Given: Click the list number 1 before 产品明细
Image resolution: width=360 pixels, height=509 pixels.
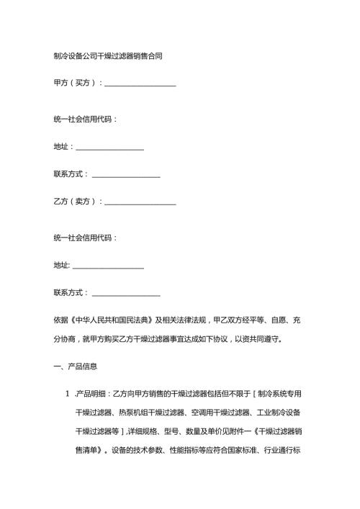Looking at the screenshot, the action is point(66,395).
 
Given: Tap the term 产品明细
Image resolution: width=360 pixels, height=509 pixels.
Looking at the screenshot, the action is point(93,395).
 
